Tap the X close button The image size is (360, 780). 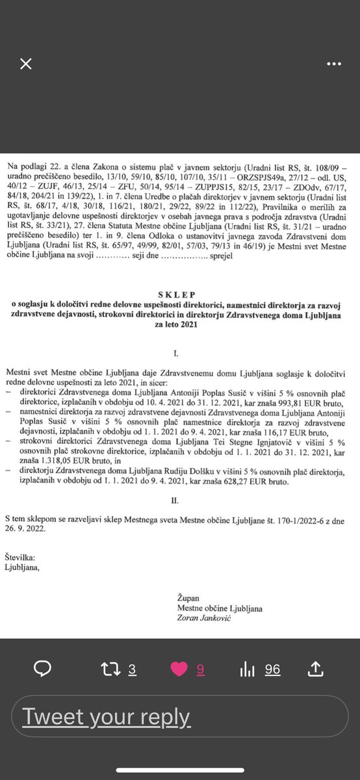tap(25, 64)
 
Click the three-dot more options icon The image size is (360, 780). tap(334, 64)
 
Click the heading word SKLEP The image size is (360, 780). tap(179, 293)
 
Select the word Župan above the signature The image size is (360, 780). tap(188, 597)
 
